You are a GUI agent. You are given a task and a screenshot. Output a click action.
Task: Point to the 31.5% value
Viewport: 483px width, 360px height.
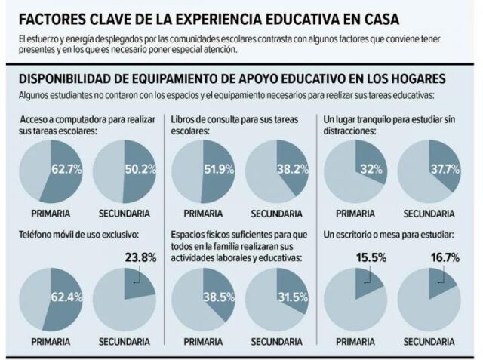[292, 296]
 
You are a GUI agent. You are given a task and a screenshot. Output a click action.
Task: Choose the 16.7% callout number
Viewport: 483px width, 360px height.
[444, 257]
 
